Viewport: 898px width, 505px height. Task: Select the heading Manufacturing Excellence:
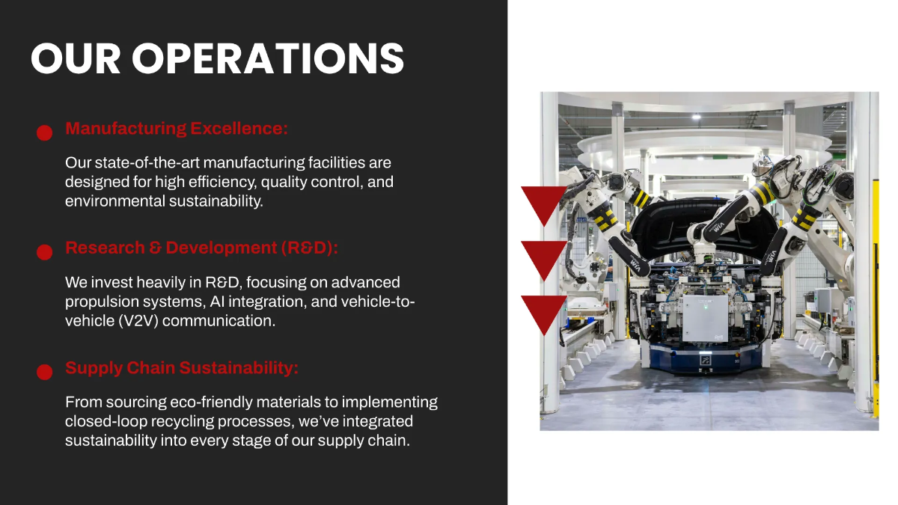pos(176,128)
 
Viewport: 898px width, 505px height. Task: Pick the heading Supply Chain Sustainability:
pos(182,368)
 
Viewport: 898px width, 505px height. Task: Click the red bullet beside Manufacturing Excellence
pos(44,132)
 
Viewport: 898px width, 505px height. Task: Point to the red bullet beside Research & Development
pos(44,252)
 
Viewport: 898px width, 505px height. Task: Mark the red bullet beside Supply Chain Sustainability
pos(44,372)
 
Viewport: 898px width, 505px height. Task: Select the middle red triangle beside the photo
pos(543,257)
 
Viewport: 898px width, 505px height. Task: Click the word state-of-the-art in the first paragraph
pos(142,162)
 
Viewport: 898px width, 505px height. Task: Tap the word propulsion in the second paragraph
pos(102,302)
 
